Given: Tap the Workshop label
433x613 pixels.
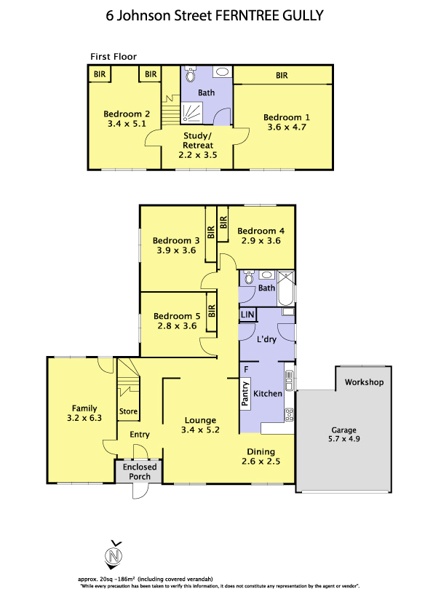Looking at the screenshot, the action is tap(364, 382).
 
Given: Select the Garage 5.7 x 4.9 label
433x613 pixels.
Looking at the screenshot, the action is tap(344, 434).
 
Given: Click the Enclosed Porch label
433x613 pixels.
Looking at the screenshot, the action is tap(140, 472).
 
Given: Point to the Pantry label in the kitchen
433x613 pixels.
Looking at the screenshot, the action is tap(245, 393).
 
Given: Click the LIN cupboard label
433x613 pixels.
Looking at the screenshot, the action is tap(247, 315).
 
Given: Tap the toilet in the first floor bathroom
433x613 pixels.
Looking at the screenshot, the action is tap(191, 74).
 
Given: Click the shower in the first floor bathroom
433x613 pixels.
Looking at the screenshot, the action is tap(191, 113).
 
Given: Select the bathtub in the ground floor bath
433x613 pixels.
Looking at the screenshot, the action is tap(286, 288).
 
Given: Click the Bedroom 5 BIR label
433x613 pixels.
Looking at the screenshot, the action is tap(212, 311).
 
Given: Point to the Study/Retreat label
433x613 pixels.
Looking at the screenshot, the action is tap(198, 145).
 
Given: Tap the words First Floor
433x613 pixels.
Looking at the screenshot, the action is tap(114, 57).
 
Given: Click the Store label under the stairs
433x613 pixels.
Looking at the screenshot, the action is tap(128, 411).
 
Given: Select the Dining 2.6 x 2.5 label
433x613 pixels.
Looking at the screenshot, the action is tap(261, 456).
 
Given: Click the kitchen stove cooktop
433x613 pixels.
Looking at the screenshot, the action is tap(289, 414).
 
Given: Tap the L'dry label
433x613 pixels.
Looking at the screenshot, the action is tap(266, 339).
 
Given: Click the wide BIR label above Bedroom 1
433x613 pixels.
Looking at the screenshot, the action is tap(282, 76).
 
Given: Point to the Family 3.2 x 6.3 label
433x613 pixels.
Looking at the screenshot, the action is tap(84, 414).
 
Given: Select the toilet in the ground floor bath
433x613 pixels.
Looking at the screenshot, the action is tap(249, 277).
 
